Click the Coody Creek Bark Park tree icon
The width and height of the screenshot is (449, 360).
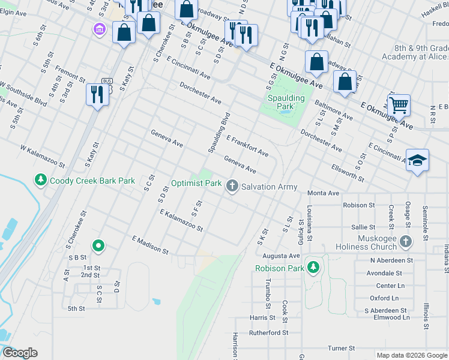coord(40,180)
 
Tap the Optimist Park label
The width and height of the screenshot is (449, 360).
coord(196,183)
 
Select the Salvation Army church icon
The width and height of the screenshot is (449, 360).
coord(232,187)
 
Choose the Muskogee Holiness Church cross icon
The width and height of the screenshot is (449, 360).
coord(406,242)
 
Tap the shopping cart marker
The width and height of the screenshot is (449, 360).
coord(398,106)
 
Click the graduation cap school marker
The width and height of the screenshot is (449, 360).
coord(417,161)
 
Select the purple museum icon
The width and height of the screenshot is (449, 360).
coord(99,29)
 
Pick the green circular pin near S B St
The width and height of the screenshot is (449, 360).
coord(98,245)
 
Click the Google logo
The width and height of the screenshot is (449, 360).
coord(20,353)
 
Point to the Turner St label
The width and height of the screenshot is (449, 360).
coord(342,348)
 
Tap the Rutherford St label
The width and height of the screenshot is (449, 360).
coord(269,332)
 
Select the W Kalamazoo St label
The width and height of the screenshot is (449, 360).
coord(42,155)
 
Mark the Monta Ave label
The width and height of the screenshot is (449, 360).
coord(324,193)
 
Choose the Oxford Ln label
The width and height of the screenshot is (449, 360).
coord(384,298)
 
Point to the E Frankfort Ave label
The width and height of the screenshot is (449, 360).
coord(247,146)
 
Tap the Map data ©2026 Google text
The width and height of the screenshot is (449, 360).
coord(412,355)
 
